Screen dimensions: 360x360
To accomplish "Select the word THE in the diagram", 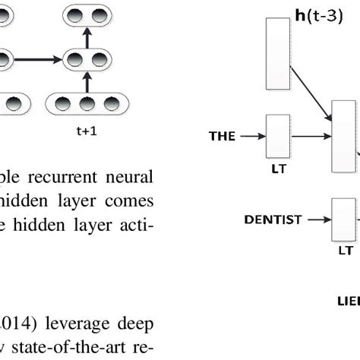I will [x=223, y=137].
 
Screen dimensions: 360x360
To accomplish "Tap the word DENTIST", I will [x=271, y=219].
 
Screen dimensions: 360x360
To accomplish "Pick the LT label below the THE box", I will [x=278, y=169].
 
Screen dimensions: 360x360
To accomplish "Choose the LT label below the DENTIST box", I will [x=346, y=248].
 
